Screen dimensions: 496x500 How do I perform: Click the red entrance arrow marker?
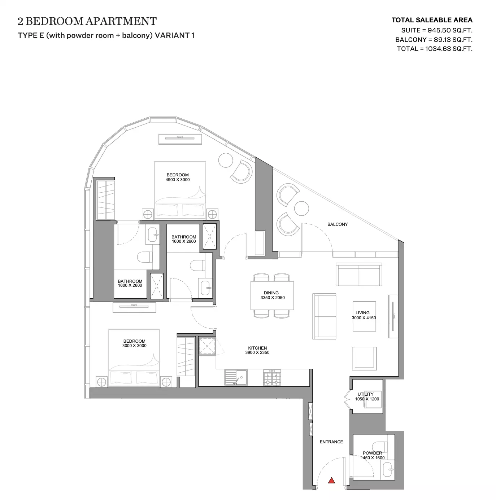331,480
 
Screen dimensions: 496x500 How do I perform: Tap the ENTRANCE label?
331,442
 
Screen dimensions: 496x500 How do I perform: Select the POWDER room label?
372,453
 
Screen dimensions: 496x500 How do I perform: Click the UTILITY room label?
365,394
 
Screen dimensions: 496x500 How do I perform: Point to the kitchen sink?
236,378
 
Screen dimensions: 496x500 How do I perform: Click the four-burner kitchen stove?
272,378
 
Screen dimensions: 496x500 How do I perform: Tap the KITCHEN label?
257,348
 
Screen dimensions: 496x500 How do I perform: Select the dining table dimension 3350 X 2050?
273,298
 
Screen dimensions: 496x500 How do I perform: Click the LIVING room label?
362,313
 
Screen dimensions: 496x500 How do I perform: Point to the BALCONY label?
337,224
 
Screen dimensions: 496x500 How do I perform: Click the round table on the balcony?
301,209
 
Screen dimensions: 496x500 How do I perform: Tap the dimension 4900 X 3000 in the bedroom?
178,180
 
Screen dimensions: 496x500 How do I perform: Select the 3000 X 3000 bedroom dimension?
134,346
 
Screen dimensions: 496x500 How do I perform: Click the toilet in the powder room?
379,446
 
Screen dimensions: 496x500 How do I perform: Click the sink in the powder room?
387,470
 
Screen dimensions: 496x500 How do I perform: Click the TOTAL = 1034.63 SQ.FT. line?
435,49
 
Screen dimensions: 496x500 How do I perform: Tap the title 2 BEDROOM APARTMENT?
87,21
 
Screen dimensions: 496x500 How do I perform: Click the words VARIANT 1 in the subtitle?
174,35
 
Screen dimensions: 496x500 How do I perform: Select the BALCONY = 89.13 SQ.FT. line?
434,40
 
